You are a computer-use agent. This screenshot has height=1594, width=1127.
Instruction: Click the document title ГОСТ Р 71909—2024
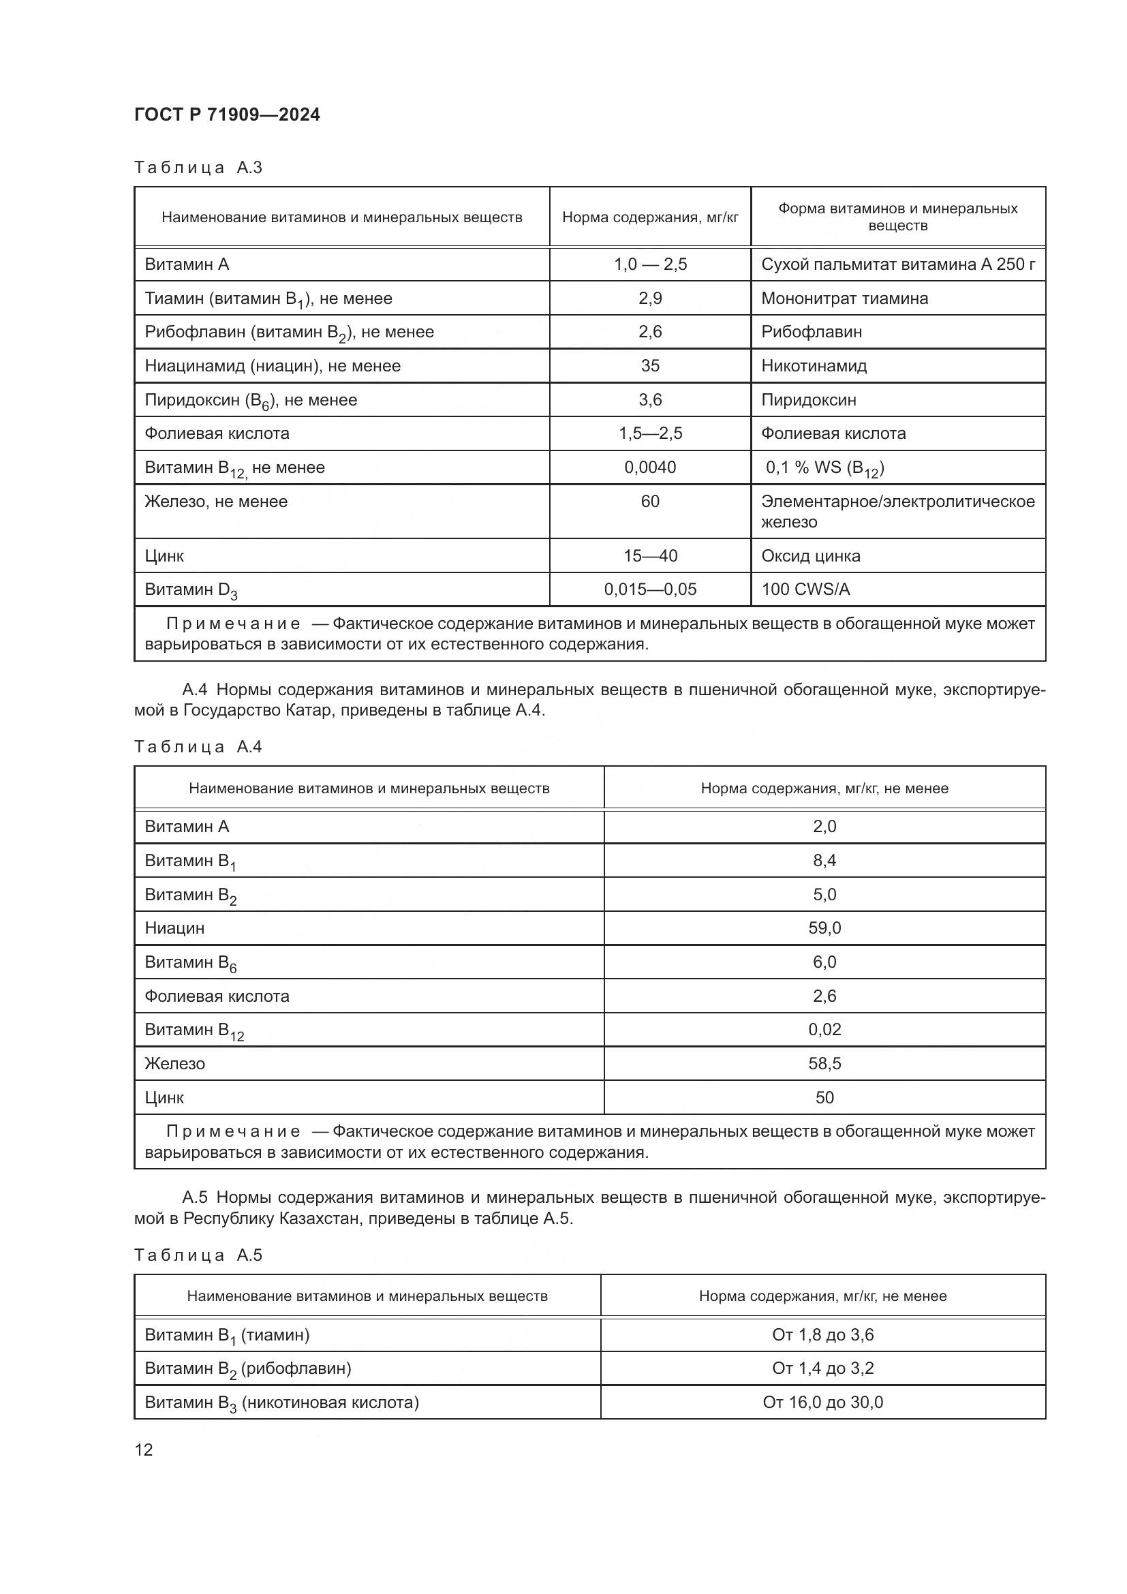(x=227, y=115)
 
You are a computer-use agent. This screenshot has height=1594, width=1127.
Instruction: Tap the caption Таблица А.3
(x=198, y=168)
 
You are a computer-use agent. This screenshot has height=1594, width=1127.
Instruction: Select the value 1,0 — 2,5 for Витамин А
(x=649, y=264)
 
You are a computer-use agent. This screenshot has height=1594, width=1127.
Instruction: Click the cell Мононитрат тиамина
(x=844, y=298)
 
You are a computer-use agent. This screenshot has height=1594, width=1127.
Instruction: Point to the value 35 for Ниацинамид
(x=649, y=366)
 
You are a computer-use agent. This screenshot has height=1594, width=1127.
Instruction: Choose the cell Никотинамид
(x=814, y=366)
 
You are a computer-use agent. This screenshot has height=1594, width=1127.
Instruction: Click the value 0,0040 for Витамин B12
(x=649, y=468)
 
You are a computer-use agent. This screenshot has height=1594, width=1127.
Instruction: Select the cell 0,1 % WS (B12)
(x=824, y=468)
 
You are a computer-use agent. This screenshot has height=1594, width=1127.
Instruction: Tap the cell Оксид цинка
(x=810, y=556)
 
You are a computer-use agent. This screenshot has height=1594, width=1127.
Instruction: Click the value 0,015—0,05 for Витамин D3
(x=649, y=589)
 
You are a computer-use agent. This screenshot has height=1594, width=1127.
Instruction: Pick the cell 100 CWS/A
(x=805, y=589)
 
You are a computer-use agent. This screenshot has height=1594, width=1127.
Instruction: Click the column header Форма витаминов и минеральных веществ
(x=897, y=217)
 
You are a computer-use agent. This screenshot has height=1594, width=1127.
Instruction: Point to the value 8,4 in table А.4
(x=824, y=861)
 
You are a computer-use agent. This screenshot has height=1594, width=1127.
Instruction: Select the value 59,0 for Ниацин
(x=824, y=928)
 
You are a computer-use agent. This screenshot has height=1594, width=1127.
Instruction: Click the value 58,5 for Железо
(x=824, y=1064)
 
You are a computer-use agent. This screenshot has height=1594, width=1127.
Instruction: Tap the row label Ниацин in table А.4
(x=174, y=928)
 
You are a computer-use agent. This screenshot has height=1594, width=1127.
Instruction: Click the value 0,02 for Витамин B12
(x=824, y=1030)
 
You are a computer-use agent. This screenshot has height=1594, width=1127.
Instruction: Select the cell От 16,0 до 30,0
(x=822, y=1403)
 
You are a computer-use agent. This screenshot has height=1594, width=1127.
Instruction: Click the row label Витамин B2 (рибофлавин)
(x=248, y=1368)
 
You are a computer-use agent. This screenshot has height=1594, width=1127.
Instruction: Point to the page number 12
(x=144, y=1450)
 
